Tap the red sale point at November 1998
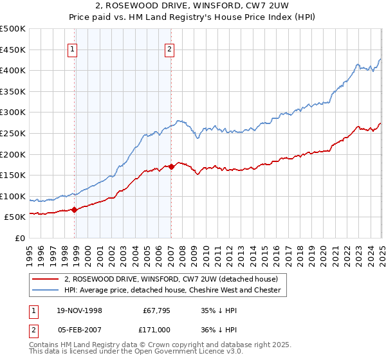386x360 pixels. coord(75,209)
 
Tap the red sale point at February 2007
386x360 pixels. coord(171,166)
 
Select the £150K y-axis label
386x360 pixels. coord(13,175)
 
